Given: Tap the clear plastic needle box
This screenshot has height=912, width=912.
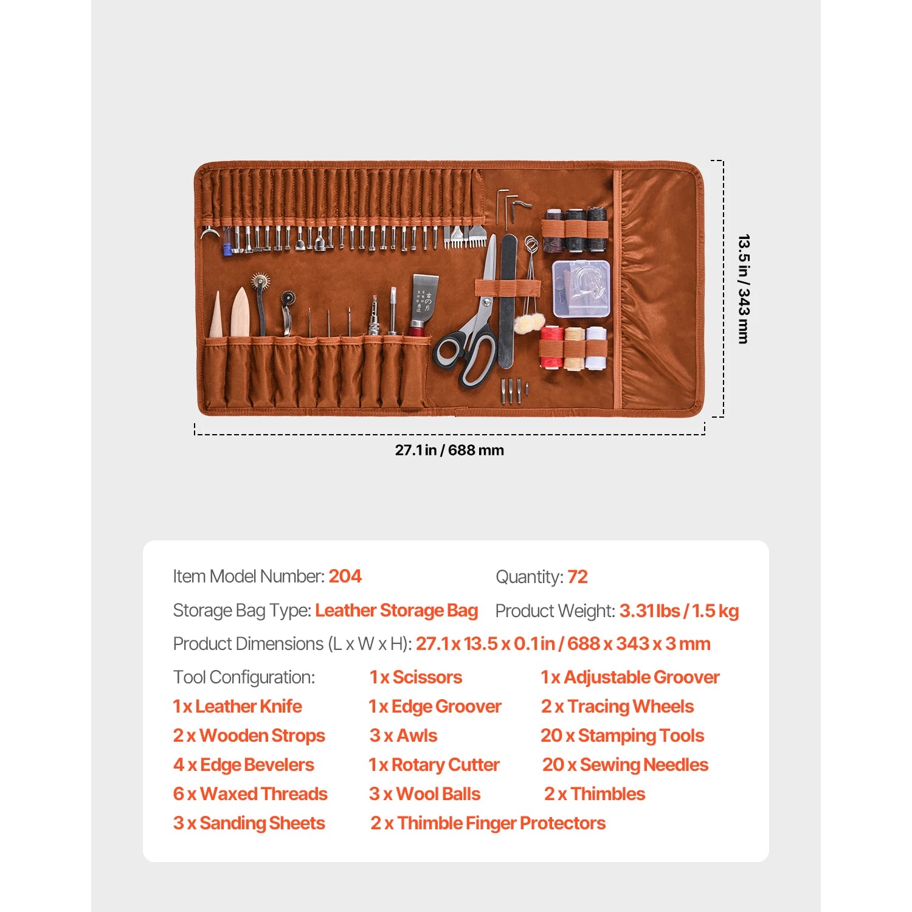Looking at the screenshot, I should [x=581, y=289].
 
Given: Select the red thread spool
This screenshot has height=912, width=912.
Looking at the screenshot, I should [x=551, y=347].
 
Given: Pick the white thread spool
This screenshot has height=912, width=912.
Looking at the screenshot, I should [x=596, y=348].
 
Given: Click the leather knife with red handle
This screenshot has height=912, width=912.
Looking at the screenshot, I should [x=421, y=307].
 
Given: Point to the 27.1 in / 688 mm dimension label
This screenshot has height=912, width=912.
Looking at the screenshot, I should [x=449, y=451].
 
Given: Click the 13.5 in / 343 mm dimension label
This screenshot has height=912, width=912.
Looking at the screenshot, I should [x=743, y=289].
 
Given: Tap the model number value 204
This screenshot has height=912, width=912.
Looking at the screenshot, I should [x=345, y=576].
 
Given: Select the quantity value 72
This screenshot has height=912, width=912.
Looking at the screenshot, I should [x=578, y=577].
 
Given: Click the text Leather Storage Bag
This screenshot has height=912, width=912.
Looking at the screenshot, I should [x=396, y=610].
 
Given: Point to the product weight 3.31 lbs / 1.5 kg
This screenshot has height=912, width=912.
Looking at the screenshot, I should [x=679, y=611].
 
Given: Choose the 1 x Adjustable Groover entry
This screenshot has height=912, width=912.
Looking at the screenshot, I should [x=630, y=677].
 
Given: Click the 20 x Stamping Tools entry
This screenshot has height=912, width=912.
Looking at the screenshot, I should [x=622, y=736].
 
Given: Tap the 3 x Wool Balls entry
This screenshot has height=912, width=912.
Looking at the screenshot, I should [x=424, y=794].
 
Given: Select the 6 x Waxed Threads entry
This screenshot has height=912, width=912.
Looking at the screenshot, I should [x=250, y=794].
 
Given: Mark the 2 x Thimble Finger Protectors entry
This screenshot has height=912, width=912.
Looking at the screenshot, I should [x=488, y=823].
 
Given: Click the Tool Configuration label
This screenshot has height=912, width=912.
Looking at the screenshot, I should [x=244, y=677].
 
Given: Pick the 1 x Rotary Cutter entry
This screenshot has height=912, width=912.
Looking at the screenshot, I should [x=434, y=765].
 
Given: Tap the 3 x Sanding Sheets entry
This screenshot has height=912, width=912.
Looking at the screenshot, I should [x=249, y=823].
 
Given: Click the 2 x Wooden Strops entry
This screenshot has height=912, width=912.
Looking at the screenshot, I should [x=249, y=736].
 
